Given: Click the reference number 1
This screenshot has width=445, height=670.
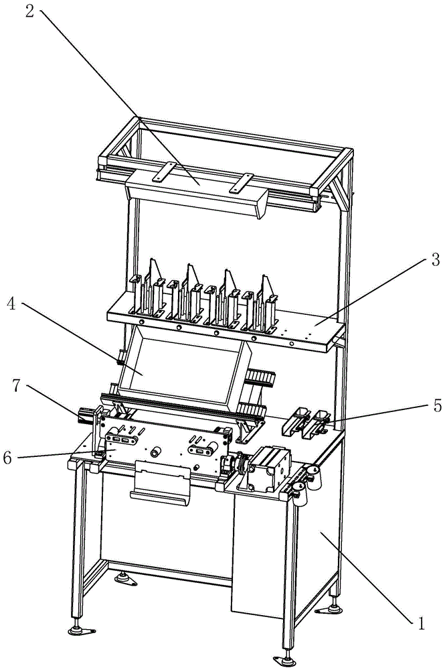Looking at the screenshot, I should click(x=421, y=624).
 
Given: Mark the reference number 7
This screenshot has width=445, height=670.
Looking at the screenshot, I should click(x=16, y=386).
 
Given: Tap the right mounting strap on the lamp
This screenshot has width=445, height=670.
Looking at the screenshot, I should click(x=242, y=182).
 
